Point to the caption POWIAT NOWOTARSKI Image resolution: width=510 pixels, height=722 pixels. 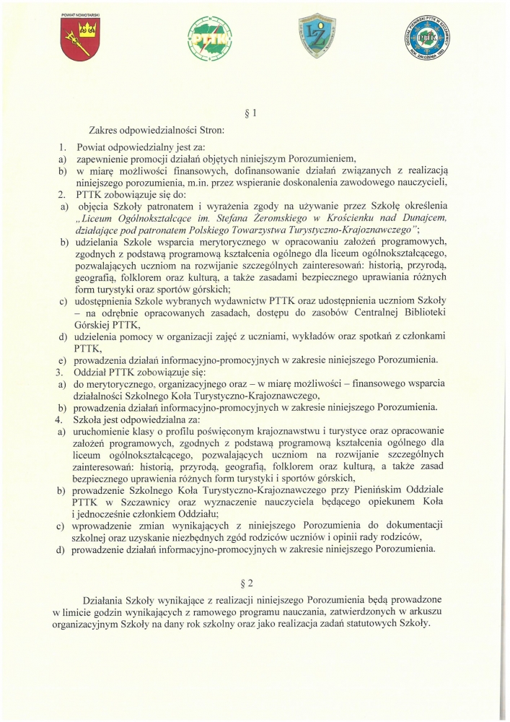tap(79, 14)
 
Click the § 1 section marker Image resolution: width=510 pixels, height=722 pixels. tap(252, 112)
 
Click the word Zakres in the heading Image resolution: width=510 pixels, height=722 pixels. tap(105, 131)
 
